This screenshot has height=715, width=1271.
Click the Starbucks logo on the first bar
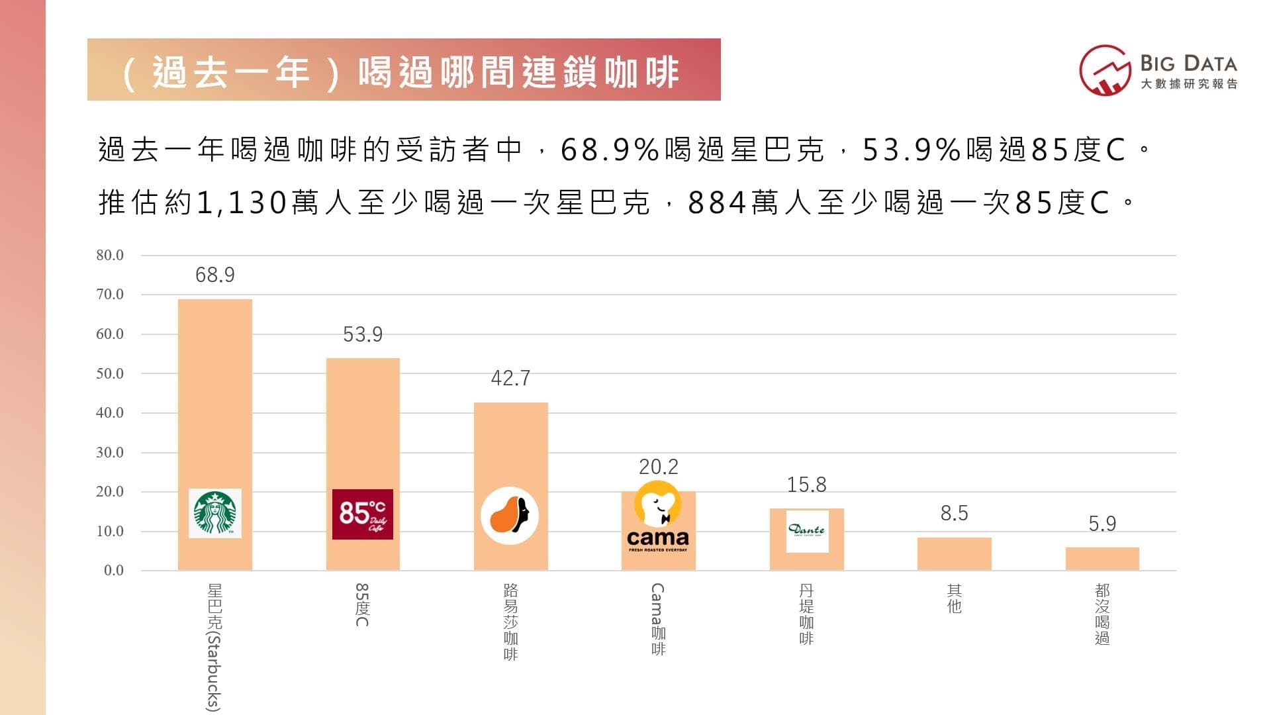coord(214,513)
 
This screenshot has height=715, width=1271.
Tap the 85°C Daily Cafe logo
coord(362,514)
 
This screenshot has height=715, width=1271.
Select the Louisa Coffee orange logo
coord(509,516)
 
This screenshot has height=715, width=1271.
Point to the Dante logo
coord(807,530)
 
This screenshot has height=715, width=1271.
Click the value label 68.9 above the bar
coord(214,275)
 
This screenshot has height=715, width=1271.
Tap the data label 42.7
coord(510,378)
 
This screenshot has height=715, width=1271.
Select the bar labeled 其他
coord(954,553)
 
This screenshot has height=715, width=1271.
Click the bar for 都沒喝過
coord(1102,559)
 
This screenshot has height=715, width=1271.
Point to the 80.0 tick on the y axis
coord(110,256)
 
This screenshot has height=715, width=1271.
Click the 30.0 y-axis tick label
coord(110,453)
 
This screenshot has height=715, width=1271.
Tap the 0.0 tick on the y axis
coord(113,571)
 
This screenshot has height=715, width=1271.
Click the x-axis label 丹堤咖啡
coord(806,614)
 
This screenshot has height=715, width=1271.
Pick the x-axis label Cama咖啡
coord(657,619)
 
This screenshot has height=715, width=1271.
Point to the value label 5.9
coord(1102,524)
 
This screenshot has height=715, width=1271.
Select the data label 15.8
coord(806,485)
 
